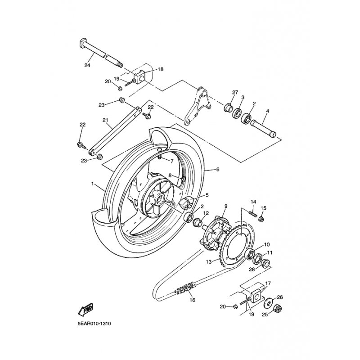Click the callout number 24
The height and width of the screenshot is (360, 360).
(87, 66)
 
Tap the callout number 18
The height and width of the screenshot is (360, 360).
(161, 69)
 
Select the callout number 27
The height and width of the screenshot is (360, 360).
(234, 92)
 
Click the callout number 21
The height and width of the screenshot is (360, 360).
(105, 120)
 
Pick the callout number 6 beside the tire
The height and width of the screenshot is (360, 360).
(217, 170)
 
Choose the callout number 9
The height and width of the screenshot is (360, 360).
(226, 206)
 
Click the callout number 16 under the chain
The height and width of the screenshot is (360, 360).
(192, 300)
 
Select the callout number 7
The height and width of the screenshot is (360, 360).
(171, 161)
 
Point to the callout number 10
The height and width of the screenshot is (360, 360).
(266, 244)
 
